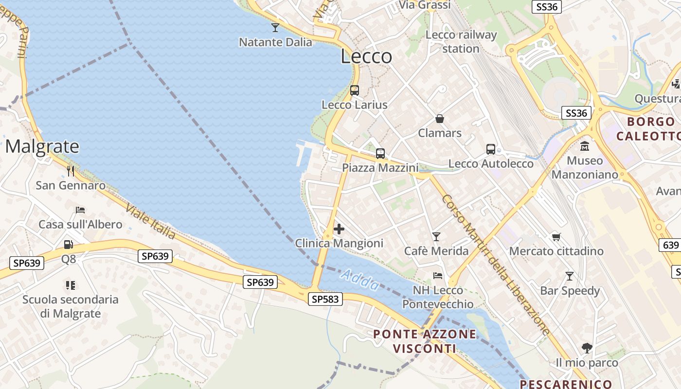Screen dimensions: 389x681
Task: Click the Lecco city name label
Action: (x=366, y=56)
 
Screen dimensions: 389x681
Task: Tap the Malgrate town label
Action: (x=42, y=146)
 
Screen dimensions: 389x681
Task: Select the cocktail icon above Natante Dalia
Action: (x=275, y=27)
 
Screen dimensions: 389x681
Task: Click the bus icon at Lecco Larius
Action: (x=355, y=90)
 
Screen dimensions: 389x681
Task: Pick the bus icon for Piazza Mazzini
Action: (x=380, y=154)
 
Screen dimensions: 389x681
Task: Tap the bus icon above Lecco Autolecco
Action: (x=491, y=149)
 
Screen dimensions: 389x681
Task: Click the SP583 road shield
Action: (x=325, y=299)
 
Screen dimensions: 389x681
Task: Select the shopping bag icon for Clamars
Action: (x=440, y=119)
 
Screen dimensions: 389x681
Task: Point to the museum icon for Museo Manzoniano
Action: (x=585, y=145)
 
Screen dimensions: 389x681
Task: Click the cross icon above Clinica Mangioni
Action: (x=339, y=229)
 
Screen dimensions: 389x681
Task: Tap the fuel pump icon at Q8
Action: (x=69, y=245)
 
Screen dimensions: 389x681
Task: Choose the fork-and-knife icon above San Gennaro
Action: (x=71, y=171)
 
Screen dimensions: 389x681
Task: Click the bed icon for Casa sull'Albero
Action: (x=80, y=210)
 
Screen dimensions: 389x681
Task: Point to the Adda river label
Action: (x=359, y=281)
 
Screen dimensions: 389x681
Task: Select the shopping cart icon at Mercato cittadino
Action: (x=556, y=237)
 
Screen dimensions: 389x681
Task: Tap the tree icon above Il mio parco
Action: (x=587, y=348)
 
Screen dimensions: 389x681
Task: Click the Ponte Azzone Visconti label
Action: (x=425, y=341)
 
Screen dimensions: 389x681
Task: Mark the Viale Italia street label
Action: (x=151, y=222)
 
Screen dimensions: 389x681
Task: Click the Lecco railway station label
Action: (x=461, y=42)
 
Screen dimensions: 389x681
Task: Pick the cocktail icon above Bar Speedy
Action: (x=570, y=276)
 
